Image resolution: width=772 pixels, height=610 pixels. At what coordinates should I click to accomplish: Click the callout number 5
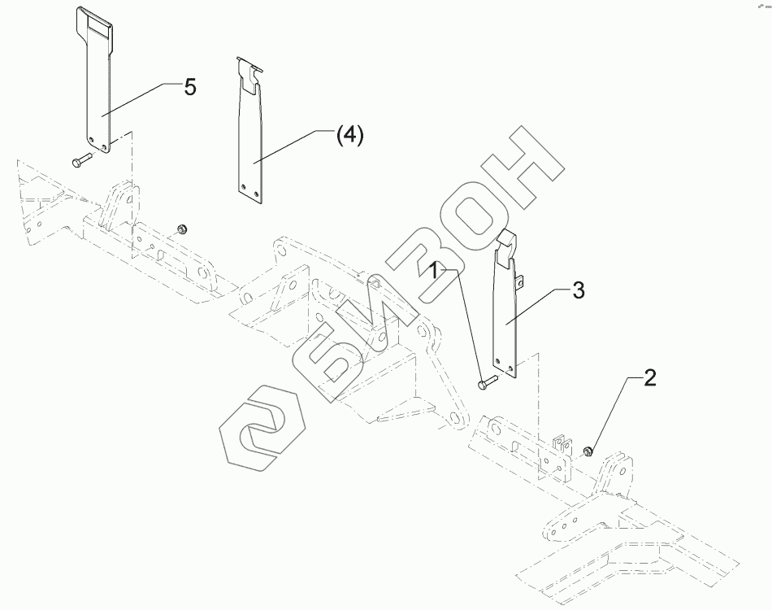tap(189, 87)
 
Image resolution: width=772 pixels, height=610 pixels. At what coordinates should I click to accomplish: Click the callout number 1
tap(436, 269)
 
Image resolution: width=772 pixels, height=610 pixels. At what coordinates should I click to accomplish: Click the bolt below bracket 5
tap(79, 161)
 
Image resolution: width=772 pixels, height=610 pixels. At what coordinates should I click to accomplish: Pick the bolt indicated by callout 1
tap(485, 381)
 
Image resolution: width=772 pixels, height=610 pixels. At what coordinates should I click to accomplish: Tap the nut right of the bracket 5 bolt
tap(183, 228)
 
